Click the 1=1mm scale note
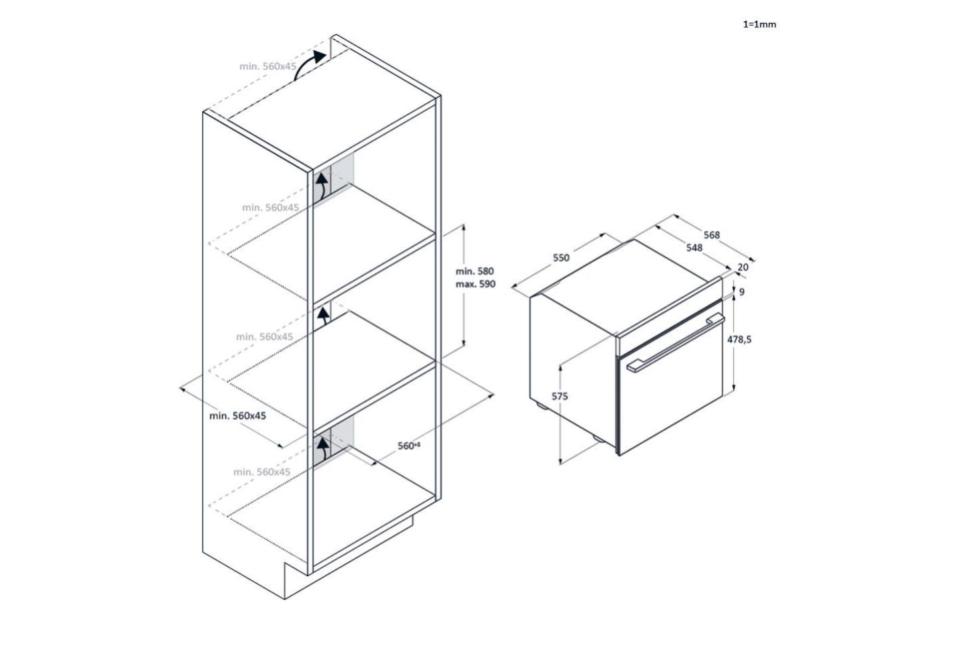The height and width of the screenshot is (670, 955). tap(759, 25)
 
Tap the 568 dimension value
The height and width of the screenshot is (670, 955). tap(712, 234)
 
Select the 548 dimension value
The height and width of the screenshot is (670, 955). tap(694, 248)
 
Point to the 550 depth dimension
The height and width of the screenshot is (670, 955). tap(561, 258)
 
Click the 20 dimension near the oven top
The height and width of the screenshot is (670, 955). tap(743, 267)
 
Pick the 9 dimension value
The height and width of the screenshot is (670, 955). tap(742, 292)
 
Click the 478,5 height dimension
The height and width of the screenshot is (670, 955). tap(739, 340)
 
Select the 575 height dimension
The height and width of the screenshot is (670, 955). tap(560, 397)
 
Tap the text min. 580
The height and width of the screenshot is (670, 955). tap(474, 271)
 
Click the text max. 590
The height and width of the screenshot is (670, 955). tap(475, 284)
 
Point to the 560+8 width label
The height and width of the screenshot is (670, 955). tap(408, 446)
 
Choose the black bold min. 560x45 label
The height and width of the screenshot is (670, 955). tap(238, 416)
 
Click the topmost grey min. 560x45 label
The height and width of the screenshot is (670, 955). tap(268, 66)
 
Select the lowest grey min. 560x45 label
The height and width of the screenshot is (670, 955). tap(262, 472)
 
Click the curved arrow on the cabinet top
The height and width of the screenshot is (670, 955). tap(310, 66)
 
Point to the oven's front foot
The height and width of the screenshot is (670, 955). tap(596, 438)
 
